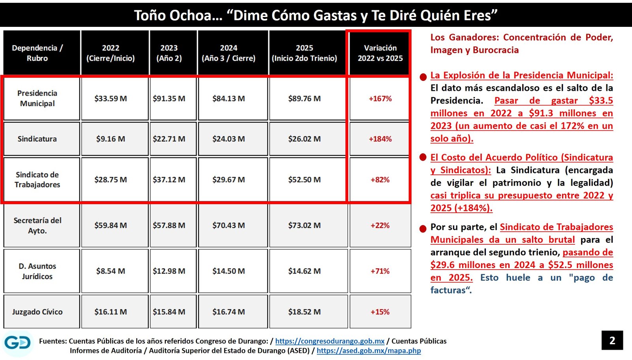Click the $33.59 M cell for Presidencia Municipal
click(x=111, y=99)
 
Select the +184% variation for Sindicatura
click(x=380, y=139)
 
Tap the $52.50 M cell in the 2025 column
click(x=304, y=180)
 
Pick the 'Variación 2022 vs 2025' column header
click(x=380, y=53)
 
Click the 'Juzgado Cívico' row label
click(x=37, y=312)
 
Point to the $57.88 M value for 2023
click(x=169, y=225)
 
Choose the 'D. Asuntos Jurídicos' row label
click(x=37, y=271)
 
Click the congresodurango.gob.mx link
click(x=329, y=341)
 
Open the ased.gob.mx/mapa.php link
click(x=369, y=351)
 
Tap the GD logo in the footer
click(x=18, y=343)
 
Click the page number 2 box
click(x=612, y=340)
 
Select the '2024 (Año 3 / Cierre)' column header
click(x=229, y=53)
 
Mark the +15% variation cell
click(x=380, y=312)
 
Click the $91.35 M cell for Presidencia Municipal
click(x=169, y=99)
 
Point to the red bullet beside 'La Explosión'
click(x=423, y=77)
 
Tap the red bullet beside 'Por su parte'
click(x=423, y=228)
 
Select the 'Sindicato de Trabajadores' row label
click(x=37, y=180)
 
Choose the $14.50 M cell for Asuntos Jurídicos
click(x=229, y=271)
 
